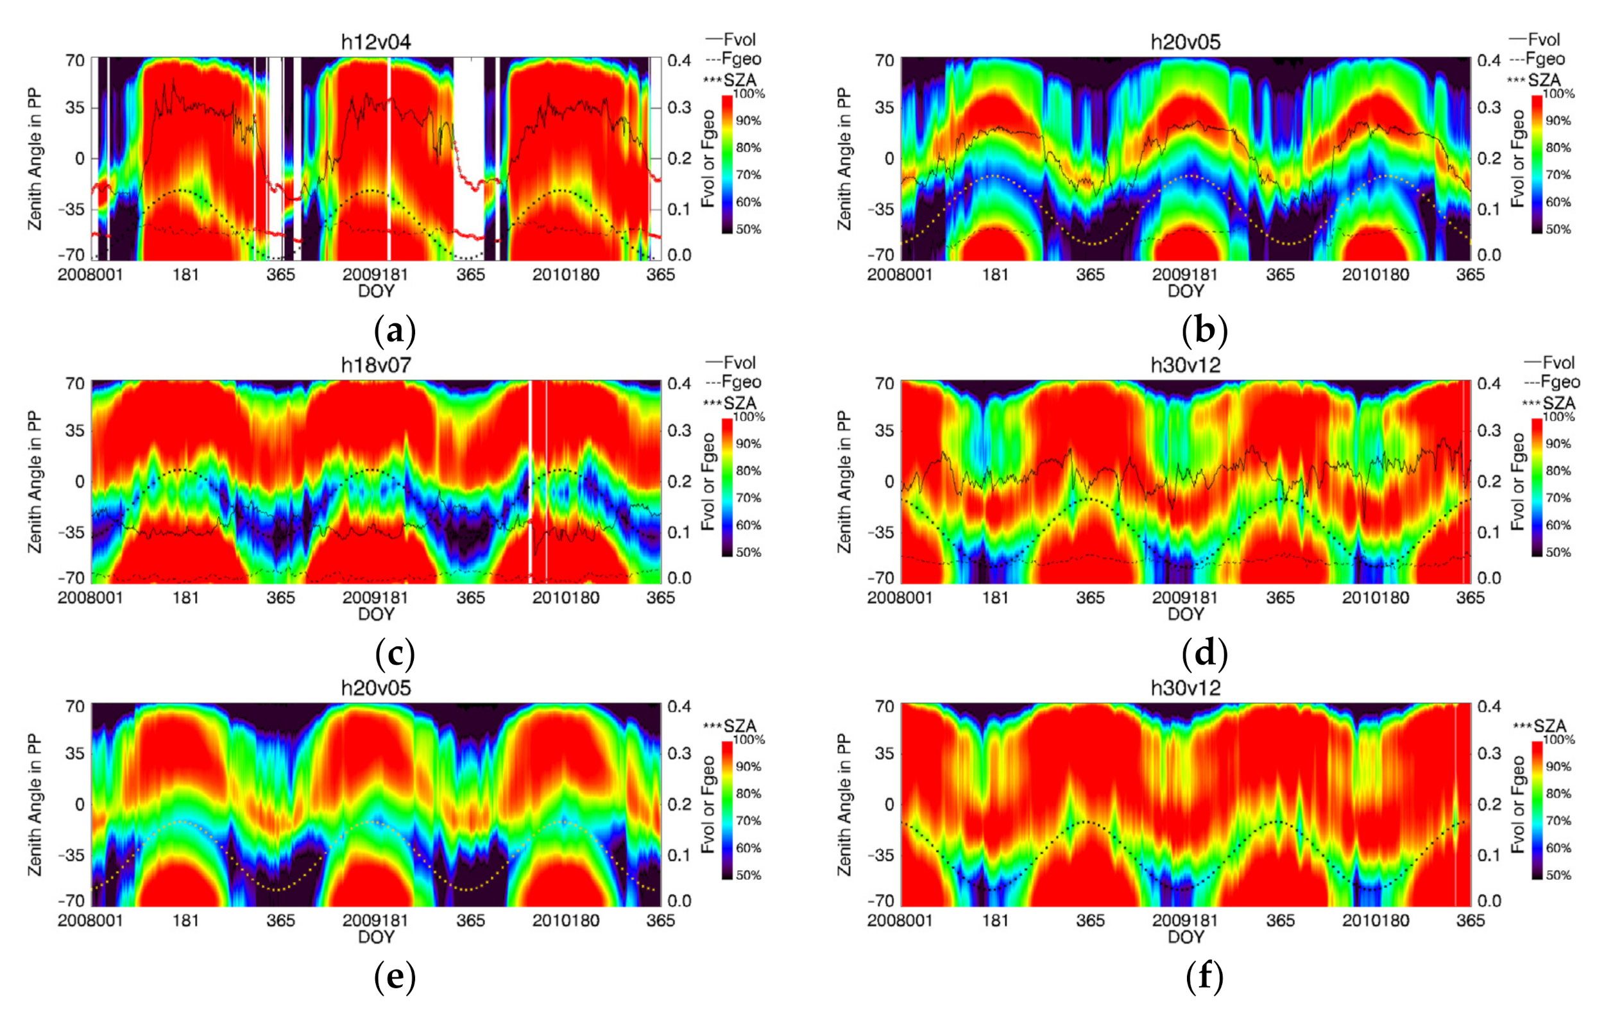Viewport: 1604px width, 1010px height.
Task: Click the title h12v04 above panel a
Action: coord(376,42)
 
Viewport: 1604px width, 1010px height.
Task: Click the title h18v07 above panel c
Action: coord(376,365)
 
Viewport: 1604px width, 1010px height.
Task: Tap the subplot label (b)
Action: coord(1204,330)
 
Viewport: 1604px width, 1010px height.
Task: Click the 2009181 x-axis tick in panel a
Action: coord(375,275)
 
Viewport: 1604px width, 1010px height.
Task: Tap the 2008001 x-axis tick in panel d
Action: coord(900,597)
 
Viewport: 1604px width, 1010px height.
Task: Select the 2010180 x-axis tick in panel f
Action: coord(1375,921)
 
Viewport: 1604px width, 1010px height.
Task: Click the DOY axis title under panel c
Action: coord(376,613)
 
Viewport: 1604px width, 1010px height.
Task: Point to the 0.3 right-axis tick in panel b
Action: coord(1489,107)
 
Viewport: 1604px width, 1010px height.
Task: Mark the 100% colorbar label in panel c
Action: coord(749,417)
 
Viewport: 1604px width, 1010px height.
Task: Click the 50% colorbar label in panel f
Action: coord(1558,875)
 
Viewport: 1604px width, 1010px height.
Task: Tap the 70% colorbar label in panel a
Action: coord(748,175)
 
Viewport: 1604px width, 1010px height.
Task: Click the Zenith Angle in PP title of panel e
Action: coord(35,804)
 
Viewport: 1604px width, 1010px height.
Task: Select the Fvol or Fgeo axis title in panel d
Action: coord(1518,481)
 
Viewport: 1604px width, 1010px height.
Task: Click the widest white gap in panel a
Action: coord(468,158)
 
